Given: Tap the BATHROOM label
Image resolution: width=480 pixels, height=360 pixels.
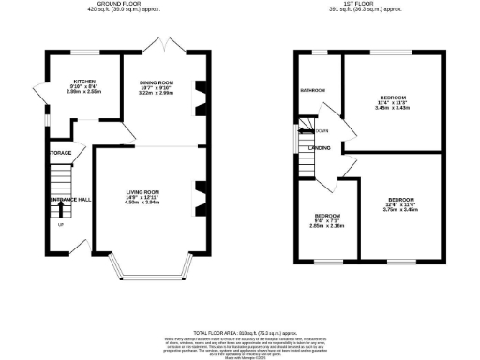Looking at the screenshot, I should (312, 91).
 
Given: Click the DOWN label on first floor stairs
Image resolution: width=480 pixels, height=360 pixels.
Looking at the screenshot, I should (322, 130).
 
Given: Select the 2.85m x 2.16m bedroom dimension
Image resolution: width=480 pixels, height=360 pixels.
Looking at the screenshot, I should (327, 226).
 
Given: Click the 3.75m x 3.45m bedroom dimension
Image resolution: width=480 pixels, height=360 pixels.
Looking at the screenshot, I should (401, 211).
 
